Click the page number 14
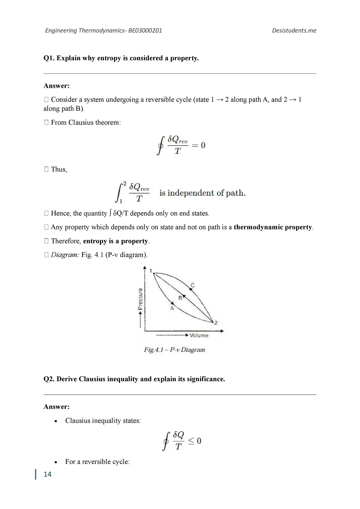47,474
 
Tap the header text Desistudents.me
294,30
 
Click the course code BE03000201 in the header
145,30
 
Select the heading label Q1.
49,58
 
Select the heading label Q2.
49,379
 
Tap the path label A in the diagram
172,308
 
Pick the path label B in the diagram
180,298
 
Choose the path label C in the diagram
192,285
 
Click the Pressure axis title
140,299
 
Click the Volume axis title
199,335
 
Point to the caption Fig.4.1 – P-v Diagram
174,350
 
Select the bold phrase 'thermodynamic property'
273,227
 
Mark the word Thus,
59,169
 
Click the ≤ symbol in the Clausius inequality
191,441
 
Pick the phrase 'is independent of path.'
202,193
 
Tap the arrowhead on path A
173,303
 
